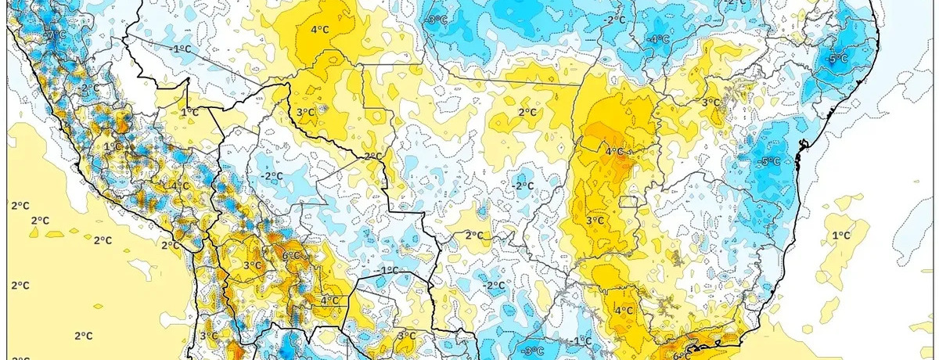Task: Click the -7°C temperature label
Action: pos(56,35)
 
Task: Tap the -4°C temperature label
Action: pos(659,38)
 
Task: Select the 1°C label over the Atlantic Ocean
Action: pos(841,235)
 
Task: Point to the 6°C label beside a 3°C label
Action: pos(291,255)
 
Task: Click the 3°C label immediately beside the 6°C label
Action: pos(252,266)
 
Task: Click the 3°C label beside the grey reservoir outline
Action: pos(711,103)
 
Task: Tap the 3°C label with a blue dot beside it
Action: pos(305,113)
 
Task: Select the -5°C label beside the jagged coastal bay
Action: pos(770,161)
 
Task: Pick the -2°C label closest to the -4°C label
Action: pos(616,19)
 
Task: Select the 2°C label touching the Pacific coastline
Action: pos(167,245)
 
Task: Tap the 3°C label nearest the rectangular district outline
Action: pos(595,221)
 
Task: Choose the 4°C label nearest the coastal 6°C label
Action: pos(624,310)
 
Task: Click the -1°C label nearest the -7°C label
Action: pos(182,49)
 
